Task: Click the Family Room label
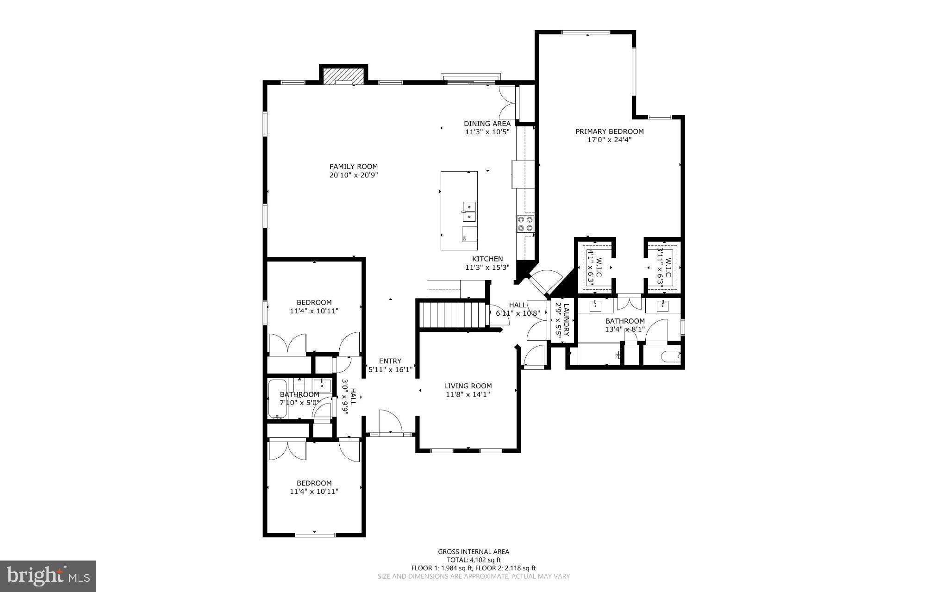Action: [353, 167]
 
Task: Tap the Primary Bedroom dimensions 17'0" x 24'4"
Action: [609, 140]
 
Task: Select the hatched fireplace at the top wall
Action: [343, 76]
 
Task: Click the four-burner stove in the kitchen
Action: [525, 224]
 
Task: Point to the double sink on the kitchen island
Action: [469, 212]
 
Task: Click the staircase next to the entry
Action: [451, 314]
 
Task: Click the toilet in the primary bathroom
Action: [670, 356]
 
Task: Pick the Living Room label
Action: [468, 386]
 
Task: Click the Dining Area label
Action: [487, 124]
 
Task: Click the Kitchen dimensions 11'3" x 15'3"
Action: [487, 268]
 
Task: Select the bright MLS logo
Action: [48, 576]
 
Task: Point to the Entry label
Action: [390, 361]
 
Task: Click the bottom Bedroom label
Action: [314, 483]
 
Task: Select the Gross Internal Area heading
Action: [474, 552]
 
